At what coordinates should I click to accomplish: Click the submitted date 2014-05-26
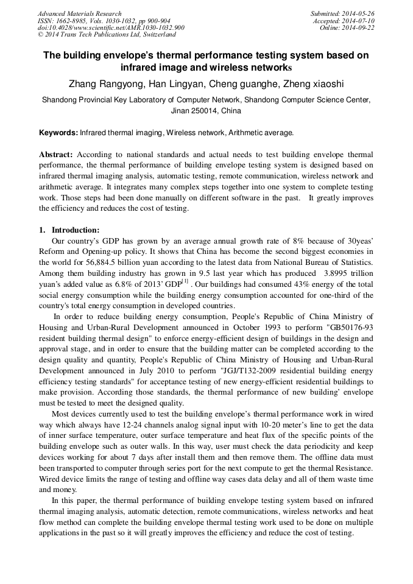click(x=359, y=13)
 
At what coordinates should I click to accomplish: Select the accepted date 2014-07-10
click(x=359, y=21)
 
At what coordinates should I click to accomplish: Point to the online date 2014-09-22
click(x=359, y=28)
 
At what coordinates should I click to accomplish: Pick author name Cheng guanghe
click(x=244, y=83)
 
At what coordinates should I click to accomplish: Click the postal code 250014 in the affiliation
click(x=202, y=111)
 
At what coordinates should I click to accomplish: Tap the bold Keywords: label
click(x=58, y=132)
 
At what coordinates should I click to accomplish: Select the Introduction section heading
click(x=75, y=230)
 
